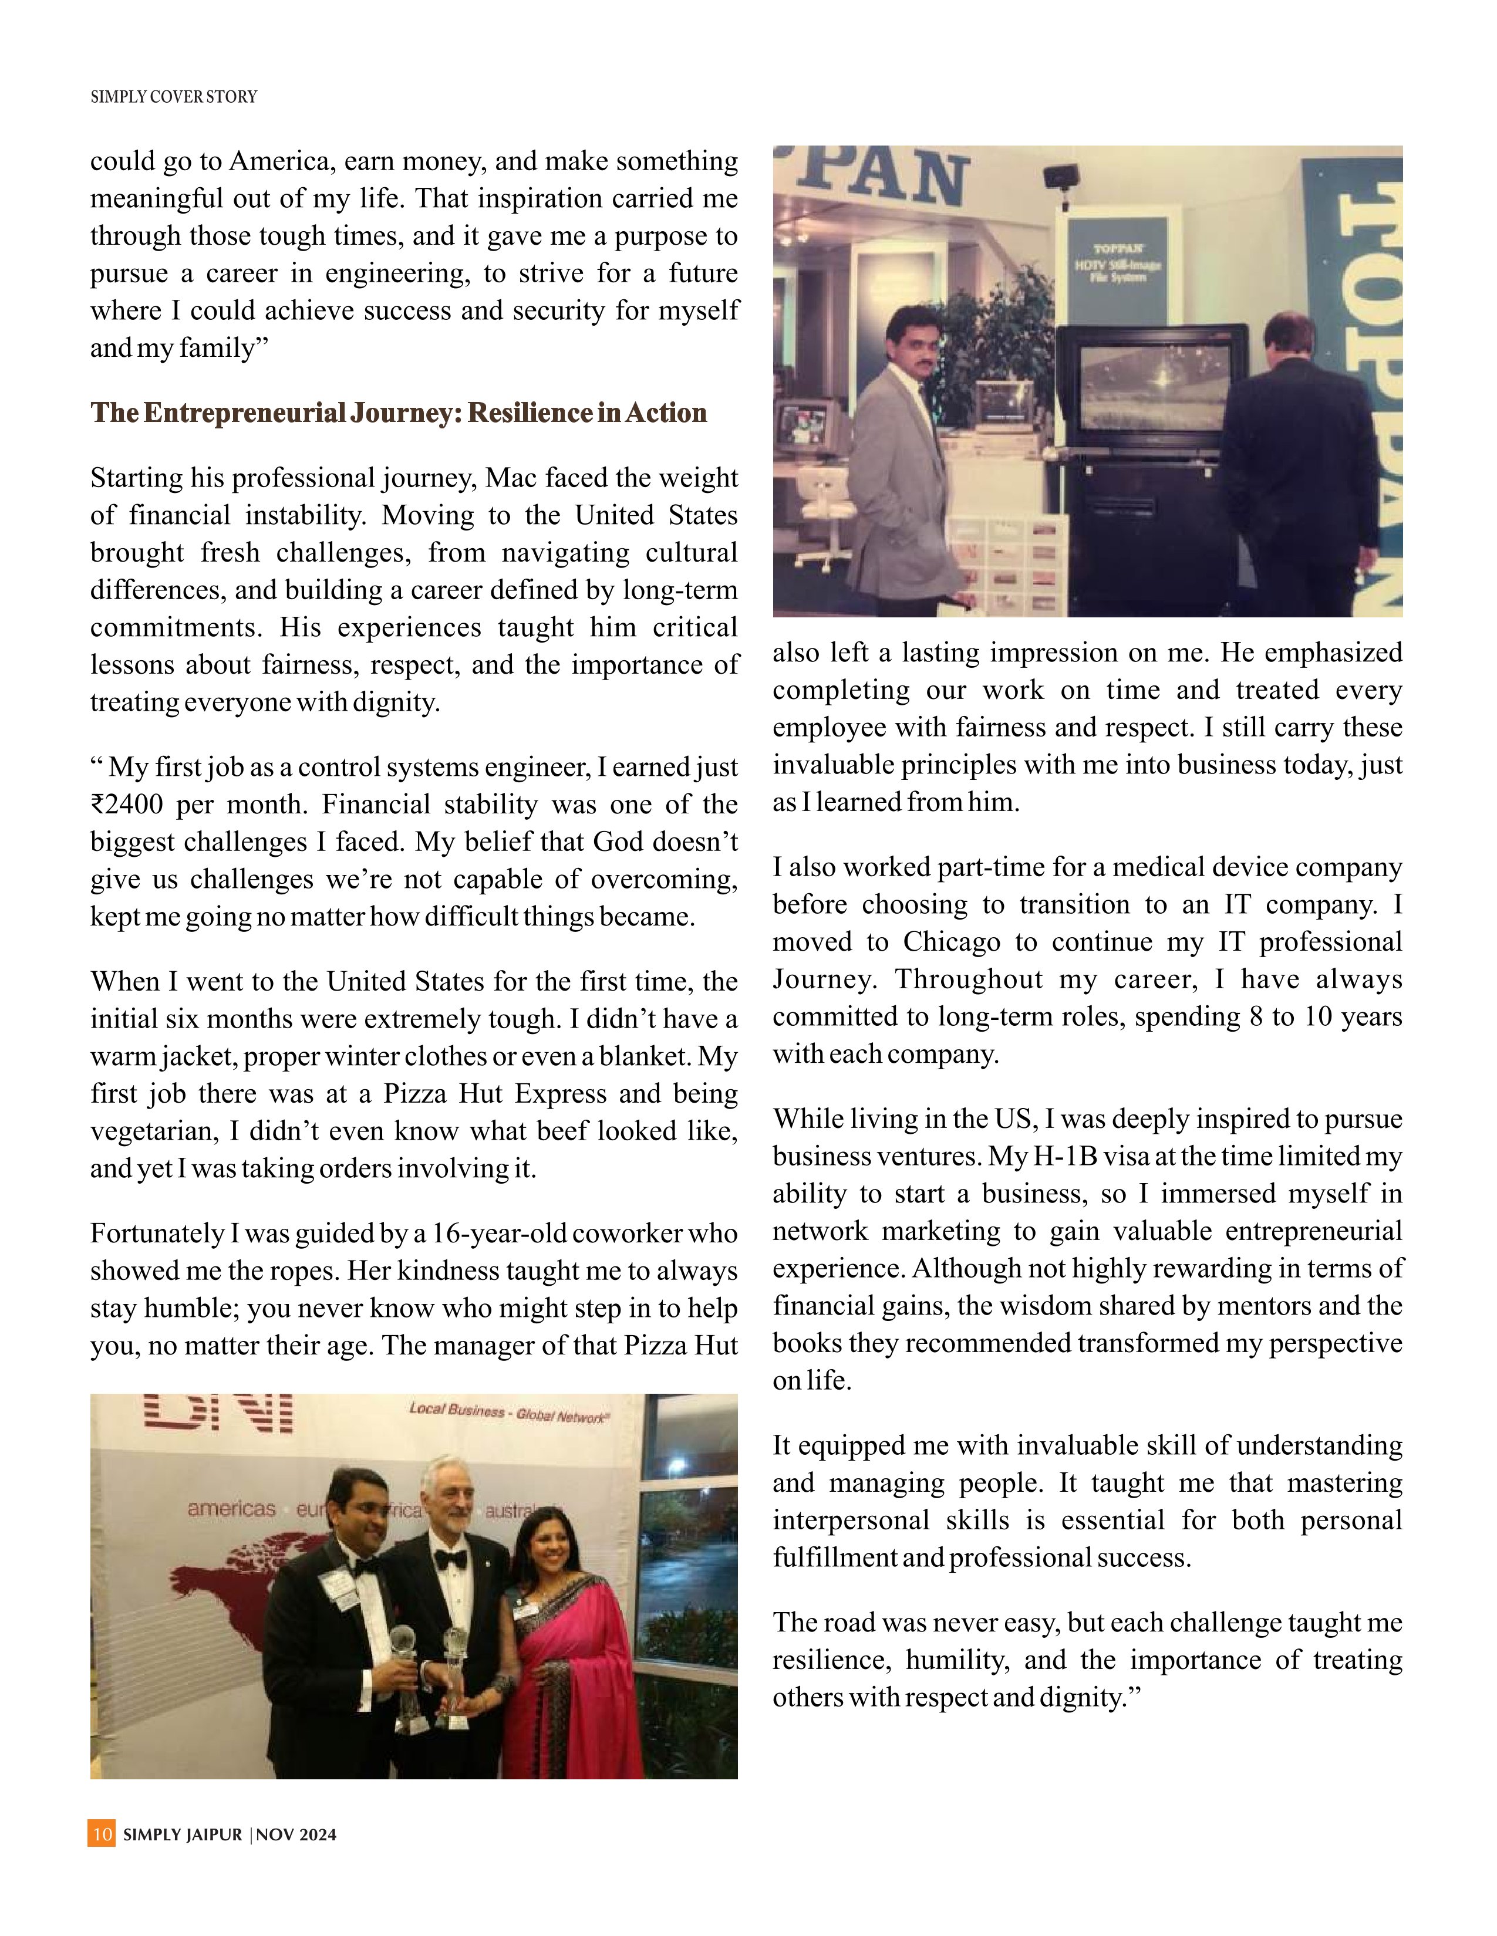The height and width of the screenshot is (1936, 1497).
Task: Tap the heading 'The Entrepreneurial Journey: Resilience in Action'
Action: coord(398,413)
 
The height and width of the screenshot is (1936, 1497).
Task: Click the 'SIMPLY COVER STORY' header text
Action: coord(174,97)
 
